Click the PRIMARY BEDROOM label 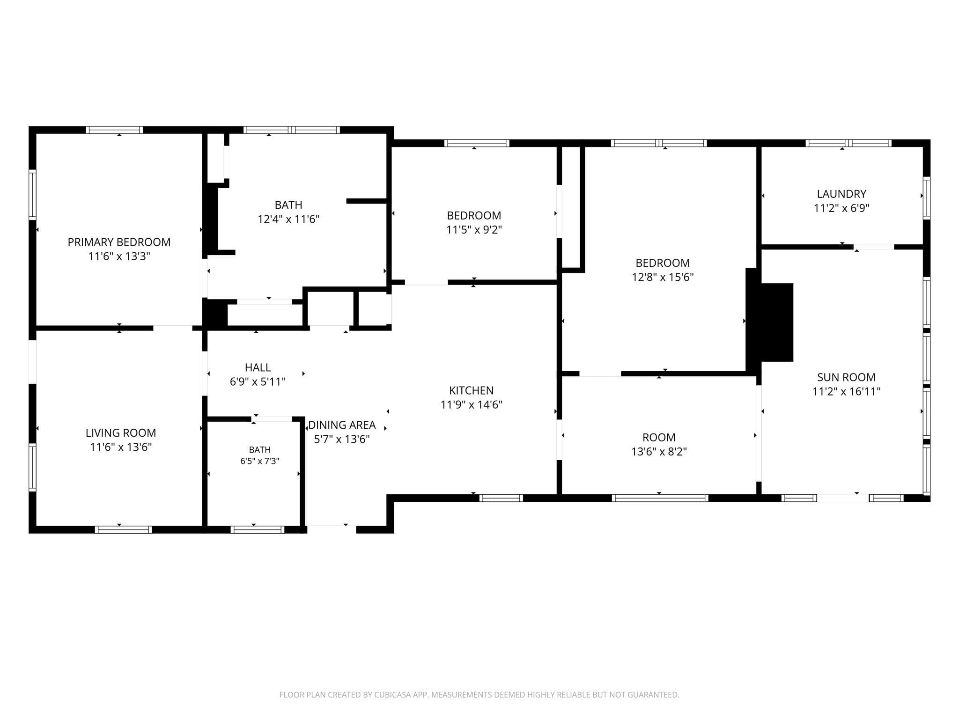[119, 242]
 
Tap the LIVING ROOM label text [121, 433]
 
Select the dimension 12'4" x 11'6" [288, 219]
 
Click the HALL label [258, 367]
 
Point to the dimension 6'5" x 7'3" [260, 461]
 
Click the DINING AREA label [342, 425]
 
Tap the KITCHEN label [472, 390]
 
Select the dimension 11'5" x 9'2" [474, 230]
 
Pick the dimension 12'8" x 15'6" [663, 277]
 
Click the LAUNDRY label [841, 194]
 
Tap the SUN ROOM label [846, 377]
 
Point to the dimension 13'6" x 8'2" [659, 452]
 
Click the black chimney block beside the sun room [770, 322]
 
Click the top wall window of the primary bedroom [114, 130]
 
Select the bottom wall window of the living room [123, 529]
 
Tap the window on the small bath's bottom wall [258, 529]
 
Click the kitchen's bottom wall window [501, 498]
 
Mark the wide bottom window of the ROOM [660, 498]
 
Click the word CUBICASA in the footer [392, 695]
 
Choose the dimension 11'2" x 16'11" [846, 391]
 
